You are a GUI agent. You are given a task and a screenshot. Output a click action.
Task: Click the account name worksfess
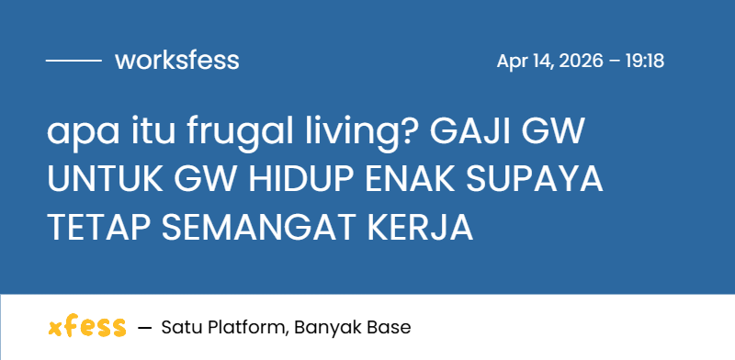pos(177,61)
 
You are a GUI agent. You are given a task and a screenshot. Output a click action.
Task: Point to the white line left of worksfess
pos(73,61)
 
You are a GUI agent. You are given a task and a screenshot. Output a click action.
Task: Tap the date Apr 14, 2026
pos(549,62)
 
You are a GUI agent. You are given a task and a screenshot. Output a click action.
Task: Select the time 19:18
pos(644,62)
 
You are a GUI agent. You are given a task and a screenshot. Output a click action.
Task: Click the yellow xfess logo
pos(86,327)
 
